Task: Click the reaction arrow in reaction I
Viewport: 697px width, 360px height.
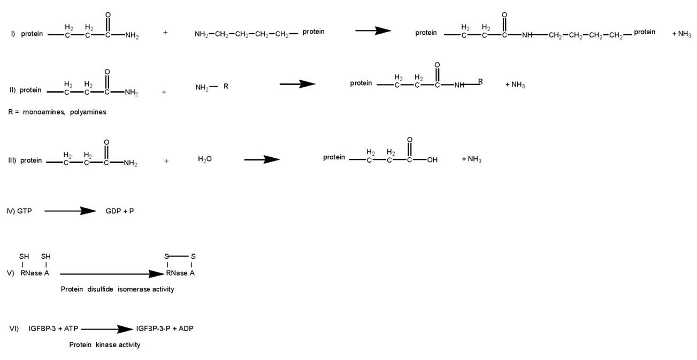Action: coord(373,31)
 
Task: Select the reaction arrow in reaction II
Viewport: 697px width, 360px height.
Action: coord(297,84)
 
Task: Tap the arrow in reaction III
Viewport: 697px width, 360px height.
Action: coord(262,159)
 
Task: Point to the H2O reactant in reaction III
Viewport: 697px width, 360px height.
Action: coord(204,159)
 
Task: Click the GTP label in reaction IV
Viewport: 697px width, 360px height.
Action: coord(25,211)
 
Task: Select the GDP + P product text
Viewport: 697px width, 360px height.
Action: coord(120,211)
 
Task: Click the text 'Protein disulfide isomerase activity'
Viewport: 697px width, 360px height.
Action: coord(117,289)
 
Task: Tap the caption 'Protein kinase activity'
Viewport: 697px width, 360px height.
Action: coord(104,345)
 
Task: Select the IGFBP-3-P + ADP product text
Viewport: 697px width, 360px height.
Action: coord(165,328)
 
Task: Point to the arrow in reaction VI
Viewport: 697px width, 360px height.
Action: coord(106,329)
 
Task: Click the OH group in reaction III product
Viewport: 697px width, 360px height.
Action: coord(432,160)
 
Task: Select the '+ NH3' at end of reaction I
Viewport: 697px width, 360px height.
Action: coord(681,33)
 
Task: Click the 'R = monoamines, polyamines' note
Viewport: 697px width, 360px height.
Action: coord(57,112)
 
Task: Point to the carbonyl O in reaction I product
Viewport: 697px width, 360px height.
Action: coord(504,15)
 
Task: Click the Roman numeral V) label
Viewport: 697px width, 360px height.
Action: coord(10,273)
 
